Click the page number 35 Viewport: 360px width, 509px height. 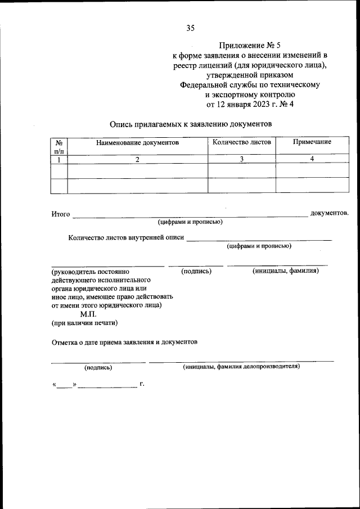pyautogui.click(x=190, y=28)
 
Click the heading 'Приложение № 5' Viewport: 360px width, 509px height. pyautogui.click(x=250, y=46)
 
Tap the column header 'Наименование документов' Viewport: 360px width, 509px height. pyautogui.click(x=137, y=143)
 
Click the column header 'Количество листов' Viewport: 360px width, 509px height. pyautogui.click(x=241, y=142)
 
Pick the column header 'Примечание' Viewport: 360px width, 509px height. pyautogui.click(x=312, y=142)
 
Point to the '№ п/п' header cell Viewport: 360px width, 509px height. pyautogui.click(x=59, y=147)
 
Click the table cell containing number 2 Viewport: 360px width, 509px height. pyautogui.click(x=137, y=159)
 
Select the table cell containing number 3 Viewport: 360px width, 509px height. pyautogui.click(x=241, y=159)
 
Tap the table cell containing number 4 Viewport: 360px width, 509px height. pyautogui.click(x=312, y=159)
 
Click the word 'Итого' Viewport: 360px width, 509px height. pyautogui.click(x=61, y=214)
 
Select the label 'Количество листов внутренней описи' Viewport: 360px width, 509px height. pyautogui.click(x=126, y=238)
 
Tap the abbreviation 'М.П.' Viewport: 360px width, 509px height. pyautogui.click(x=89, y=314)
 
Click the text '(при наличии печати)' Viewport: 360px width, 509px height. pyautogui.click(x=84, y=323)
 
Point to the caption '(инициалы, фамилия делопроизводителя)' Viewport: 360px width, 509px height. pyautogui.click(x=241, y=367)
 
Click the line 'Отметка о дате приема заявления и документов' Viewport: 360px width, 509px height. pyautogui.click(x=124, y=342)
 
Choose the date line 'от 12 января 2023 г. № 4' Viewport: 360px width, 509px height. pyautogui.click(x=250, y=103)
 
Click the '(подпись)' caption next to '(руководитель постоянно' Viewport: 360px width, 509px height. pyautogui.click(x=196, y=271)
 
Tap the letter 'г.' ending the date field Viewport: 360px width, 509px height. pyautogui.click(x=142, y=384)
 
